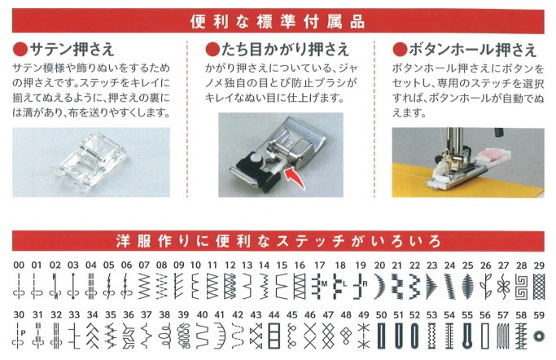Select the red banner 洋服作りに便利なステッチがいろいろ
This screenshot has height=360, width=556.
pos(278,242)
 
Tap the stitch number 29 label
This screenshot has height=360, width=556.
pos(538,266)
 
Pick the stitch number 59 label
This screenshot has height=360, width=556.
pos(538,314)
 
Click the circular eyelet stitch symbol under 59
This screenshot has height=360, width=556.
pos(538,335)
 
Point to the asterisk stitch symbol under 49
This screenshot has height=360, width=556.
pos(362,333)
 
